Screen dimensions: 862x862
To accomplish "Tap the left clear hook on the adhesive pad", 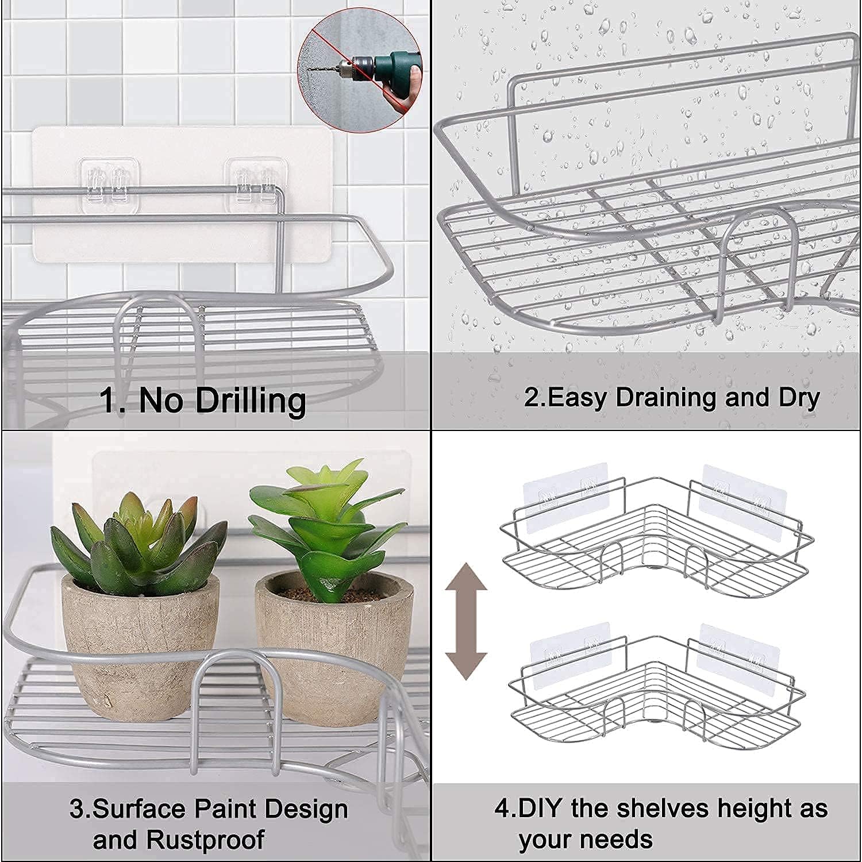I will (109, 180).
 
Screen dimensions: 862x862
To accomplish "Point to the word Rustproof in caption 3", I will (205, 840).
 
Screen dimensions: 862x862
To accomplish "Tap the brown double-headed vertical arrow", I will (466, 621).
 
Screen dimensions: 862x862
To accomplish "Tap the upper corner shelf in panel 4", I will (655, 546).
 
